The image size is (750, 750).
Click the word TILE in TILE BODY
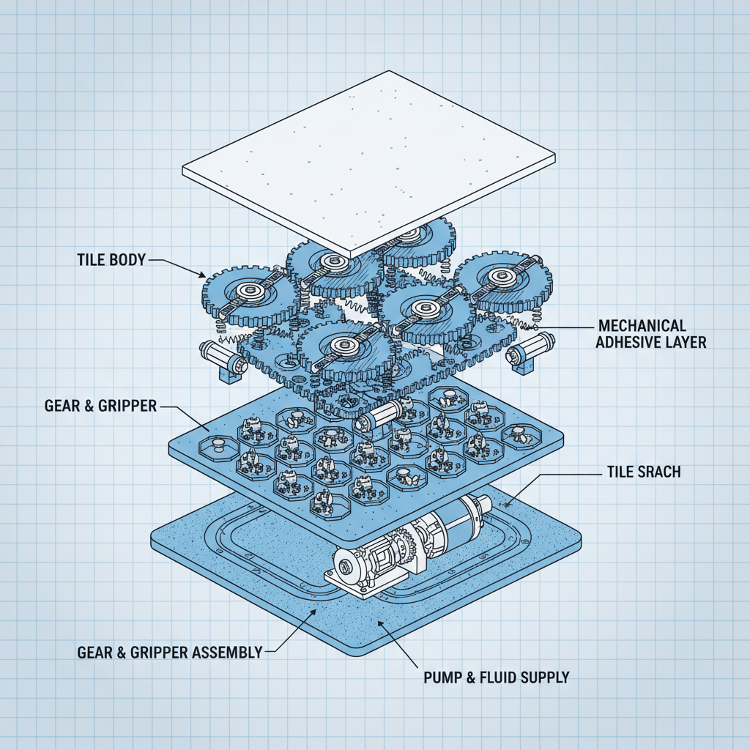tap(92, 259)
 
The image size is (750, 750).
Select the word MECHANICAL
tap(642, 325)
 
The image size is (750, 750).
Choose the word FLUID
tap(498, 677)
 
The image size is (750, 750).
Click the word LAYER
tap(684, 342)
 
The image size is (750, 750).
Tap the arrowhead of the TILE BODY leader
tap(205, 276)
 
